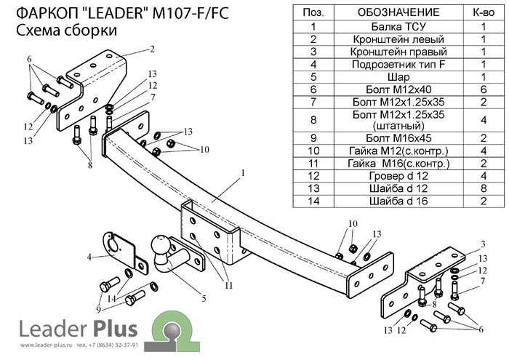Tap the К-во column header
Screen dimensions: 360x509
[483, 12]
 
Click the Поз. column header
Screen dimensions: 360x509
[313, 12]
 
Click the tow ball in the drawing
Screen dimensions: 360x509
[161, 247]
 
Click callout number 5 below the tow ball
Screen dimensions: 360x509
[204, 298]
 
